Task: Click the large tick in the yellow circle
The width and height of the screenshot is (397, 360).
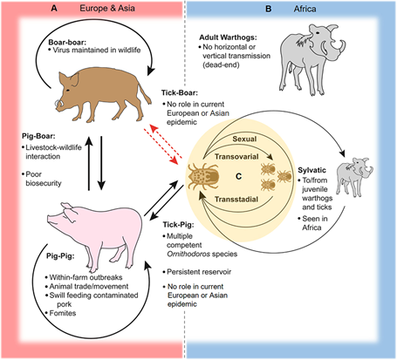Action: [x=207, y=177]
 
